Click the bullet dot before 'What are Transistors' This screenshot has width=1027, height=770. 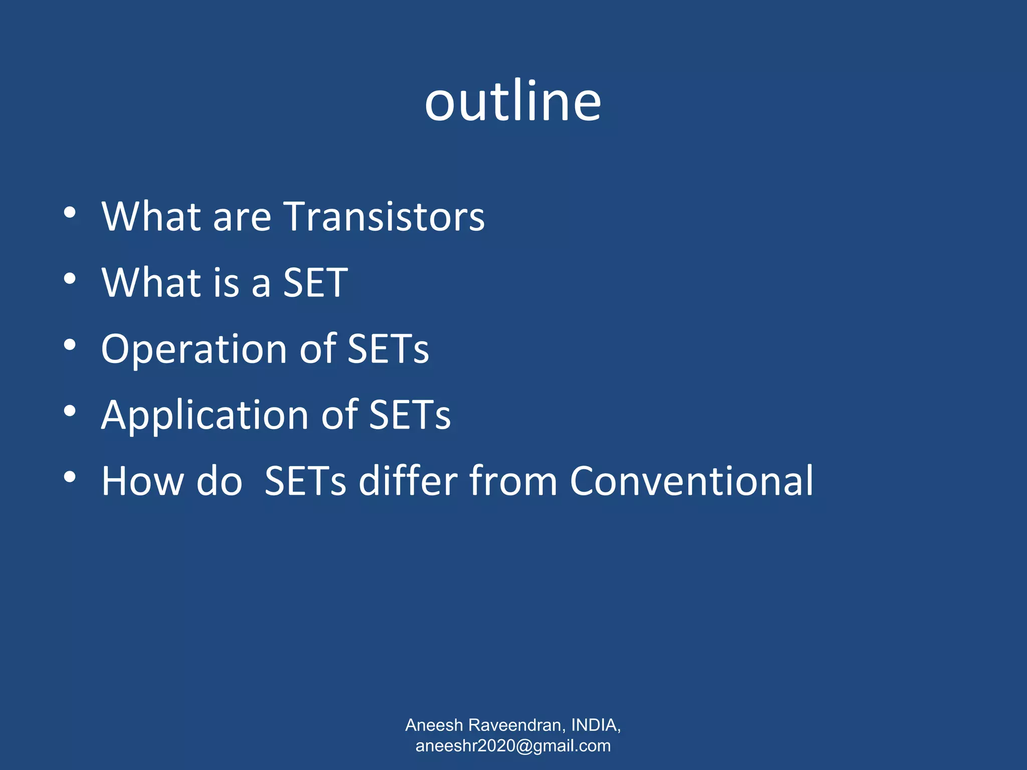tap(70, 213)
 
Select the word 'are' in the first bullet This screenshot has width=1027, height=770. tap(242, 219)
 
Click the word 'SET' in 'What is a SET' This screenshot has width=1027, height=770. tap(315, 283)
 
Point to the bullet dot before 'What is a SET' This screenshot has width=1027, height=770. tap(70, 279)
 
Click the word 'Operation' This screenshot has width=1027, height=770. tap(194, 349)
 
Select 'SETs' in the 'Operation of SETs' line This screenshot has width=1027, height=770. tap(388, 349)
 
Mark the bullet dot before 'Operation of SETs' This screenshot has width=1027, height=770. tap(70, 345)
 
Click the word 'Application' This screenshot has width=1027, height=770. tap(205, 415)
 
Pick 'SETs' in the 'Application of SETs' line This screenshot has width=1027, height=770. tap(410, 415)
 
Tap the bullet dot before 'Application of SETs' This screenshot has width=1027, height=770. tap(70, 411)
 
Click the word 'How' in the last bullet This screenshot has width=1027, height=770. tap(143, 481)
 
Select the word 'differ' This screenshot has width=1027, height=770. tap(407, 481)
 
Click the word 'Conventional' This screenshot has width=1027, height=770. tap(692, 481)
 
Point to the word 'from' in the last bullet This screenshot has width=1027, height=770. tap(513, 481)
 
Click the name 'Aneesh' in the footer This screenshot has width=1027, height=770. tap(434, 725)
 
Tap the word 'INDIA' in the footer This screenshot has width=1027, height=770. tap(594, 725)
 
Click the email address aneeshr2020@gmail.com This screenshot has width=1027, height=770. tap(513, 746)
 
